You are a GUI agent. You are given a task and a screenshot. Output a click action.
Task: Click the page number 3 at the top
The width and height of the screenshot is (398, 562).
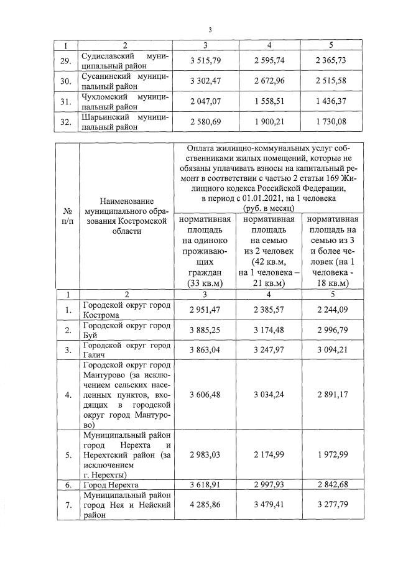point(210,30)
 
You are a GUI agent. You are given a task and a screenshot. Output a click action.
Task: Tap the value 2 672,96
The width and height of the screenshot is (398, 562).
point(269,81)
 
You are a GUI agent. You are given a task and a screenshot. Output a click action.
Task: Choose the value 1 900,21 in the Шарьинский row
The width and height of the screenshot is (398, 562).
point(269,121)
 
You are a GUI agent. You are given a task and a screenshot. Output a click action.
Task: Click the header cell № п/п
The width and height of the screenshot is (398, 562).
point(67,218)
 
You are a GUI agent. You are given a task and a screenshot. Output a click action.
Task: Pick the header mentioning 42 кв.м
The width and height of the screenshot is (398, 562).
point(269,252)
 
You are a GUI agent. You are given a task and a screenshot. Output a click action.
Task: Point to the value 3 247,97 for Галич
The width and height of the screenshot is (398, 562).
point(269,350)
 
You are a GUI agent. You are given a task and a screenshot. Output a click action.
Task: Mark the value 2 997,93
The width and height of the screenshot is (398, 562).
point(269,484)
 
